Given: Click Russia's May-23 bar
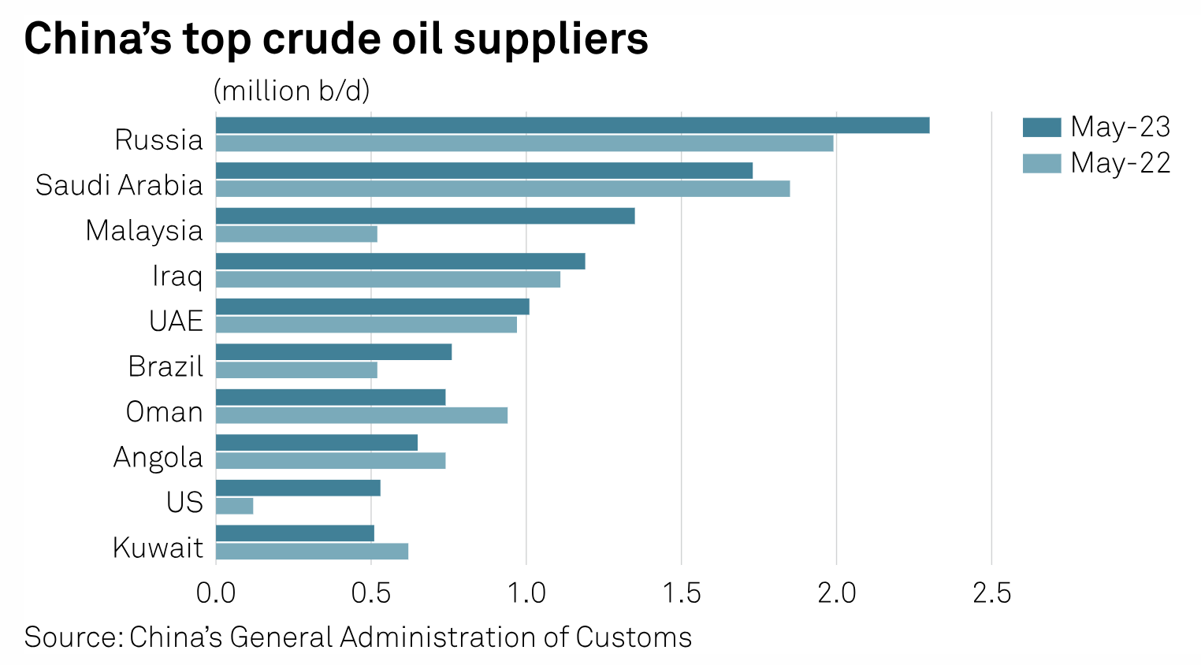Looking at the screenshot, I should (572, 125).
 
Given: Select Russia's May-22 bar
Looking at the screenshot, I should (524, 143).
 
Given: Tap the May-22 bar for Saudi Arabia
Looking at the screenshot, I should (502, 189).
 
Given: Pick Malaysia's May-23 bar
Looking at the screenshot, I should (425, 216).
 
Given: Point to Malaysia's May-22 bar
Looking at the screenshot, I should (296, 234).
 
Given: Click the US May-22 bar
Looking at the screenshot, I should (234, 506).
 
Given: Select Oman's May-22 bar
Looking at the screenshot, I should (361, 415).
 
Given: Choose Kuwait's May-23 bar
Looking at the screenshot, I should (295, 533).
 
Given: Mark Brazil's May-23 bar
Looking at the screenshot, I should (333, 352).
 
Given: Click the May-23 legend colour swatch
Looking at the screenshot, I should (1041, 127).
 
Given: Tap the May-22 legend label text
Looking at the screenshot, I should (1120, 163).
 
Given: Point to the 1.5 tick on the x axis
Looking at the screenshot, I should (682, 593).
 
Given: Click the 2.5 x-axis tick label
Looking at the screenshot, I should (991, 593).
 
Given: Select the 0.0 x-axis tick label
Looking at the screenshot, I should (216, 593).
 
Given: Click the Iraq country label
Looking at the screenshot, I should (177, 276).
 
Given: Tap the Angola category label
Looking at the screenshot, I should (158, 457).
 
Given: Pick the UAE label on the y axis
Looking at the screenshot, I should (176, 321).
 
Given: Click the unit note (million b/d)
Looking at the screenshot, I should (292, 91).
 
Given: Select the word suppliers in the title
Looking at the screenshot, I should (551, 39).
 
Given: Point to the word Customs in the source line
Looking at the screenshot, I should (633, 637).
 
